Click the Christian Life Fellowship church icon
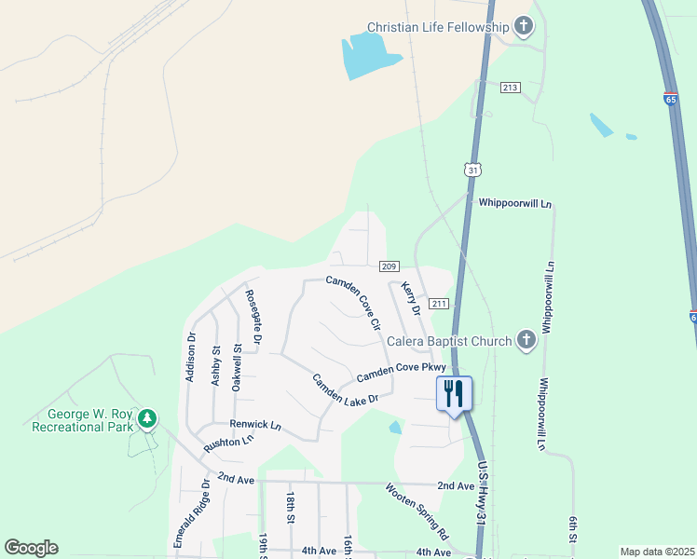524,27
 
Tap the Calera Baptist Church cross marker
526,340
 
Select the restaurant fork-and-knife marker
454,392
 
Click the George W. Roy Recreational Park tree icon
146,418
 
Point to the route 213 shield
510,87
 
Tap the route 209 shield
390,266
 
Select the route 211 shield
439,303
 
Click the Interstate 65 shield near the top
672,98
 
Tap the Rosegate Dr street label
253,318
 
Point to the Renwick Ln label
255,424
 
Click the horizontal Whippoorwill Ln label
515,202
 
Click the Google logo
32,547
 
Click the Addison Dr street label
190,357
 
